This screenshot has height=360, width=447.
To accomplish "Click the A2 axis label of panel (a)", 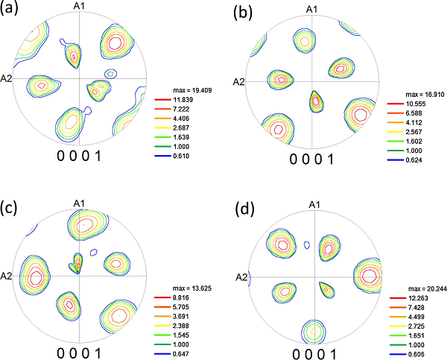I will tap(8, 78).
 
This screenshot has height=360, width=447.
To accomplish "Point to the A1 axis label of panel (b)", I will tap(313, 9).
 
